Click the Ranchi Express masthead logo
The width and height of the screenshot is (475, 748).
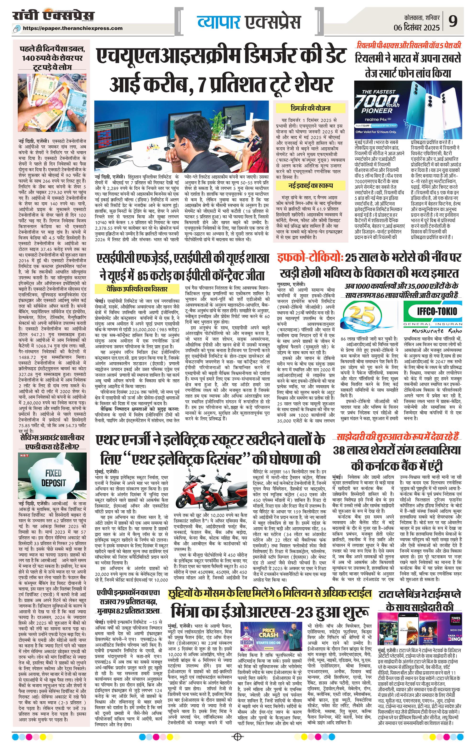pos(53,16)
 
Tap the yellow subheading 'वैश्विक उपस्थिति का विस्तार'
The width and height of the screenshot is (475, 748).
pos(138,289)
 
